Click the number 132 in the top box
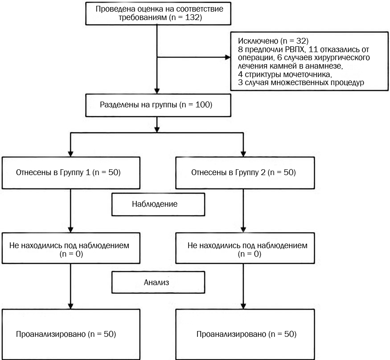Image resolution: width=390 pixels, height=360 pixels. tap(192, 17)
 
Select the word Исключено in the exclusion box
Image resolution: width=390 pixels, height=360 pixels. tap(258, 41)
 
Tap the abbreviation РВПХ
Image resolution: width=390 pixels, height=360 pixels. tap(295, 49)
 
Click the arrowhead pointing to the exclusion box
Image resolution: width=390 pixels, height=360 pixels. tap(228, 57)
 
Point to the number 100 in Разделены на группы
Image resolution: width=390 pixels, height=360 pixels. tap(202, 105)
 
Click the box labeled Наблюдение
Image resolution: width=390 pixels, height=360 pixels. tap(158, 205)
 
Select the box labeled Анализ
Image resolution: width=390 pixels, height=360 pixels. tap(158, 282)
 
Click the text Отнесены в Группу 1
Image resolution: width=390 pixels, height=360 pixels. tap(53, 172)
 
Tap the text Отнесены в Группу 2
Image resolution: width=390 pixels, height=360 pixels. tap(228, 172)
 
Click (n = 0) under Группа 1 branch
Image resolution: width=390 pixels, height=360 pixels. tap(71, 254)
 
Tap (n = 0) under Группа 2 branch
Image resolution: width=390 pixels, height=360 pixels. tap(250, 254)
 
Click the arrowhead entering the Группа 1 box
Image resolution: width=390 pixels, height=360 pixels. tap(70, 154)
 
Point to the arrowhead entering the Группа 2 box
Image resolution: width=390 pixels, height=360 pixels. tap(243, 154)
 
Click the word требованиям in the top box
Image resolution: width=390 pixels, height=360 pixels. tap(143, 18)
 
